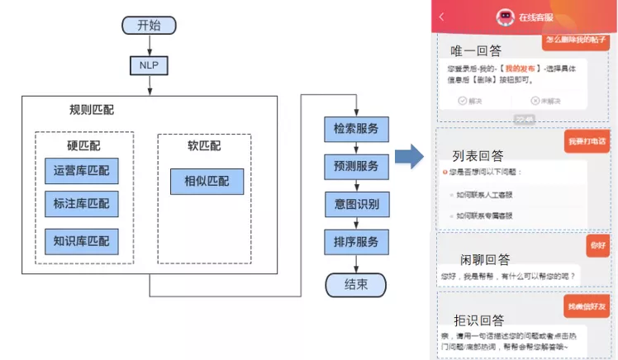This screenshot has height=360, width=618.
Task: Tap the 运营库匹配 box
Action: click(81, 172)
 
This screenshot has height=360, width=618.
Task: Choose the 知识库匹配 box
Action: click(81, 240)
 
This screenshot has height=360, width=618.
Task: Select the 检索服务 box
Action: click(356, 130)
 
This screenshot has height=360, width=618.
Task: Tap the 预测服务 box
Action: click(356, 167)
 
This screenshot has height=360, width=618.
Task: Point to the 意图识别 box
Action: click(356, 204)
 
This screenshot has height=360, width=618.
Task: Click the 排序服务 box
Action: click(356, 241)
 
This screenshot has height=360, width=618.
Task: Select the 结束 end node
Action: click(356, 285)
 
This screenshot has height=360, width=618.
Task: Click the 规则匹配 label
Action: click(93, 110)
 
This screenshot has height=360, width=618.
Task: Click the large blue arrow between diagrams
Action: click(408, 158)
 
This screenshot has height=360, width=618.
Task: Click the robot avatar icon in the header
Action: click(504, 17)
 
